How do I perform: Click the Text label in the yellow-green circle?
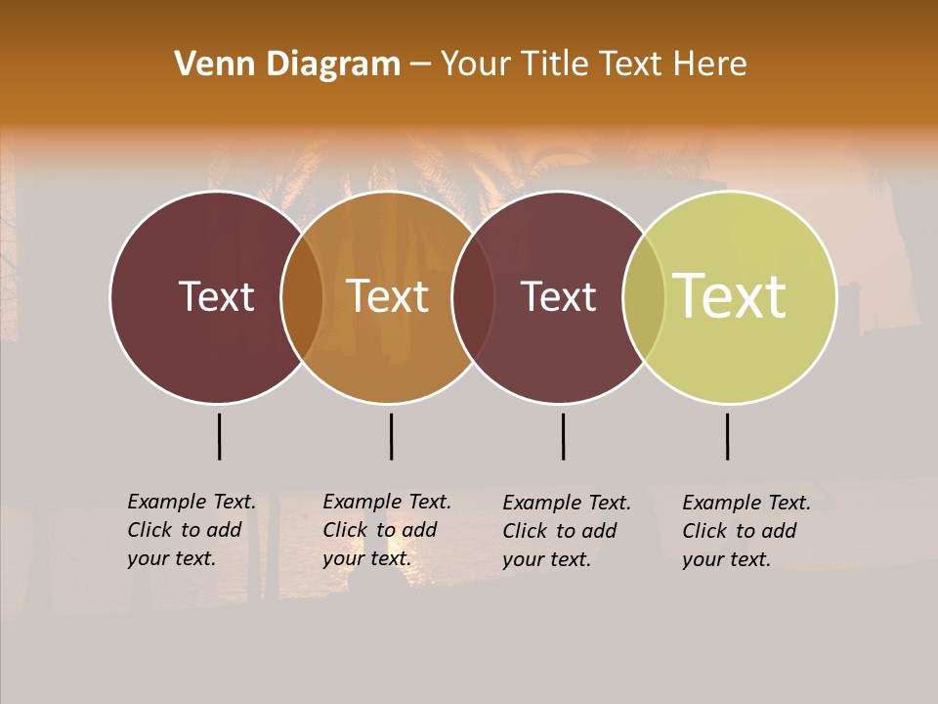tap(730, 296)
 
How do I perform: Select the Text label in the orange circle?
tap(388, 296)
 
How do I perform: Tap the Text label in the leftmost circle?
tap(216, 296)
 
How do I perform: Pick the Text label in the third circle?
tap(559, 296)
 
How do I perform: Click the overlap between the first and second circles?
tap(302, 297)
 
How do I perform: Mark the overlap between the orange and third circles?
tap(473, 297)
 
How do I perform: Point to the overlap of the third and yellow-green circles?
tap(644, 297)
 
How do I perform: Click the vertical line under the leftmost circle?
tap(219, 436)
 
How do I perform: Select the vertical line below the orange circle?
tap(391, 436)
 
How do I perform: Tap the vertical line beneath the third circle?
tap(563, 436)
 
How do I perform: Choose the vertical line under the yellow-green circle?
tap(727, 436)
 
